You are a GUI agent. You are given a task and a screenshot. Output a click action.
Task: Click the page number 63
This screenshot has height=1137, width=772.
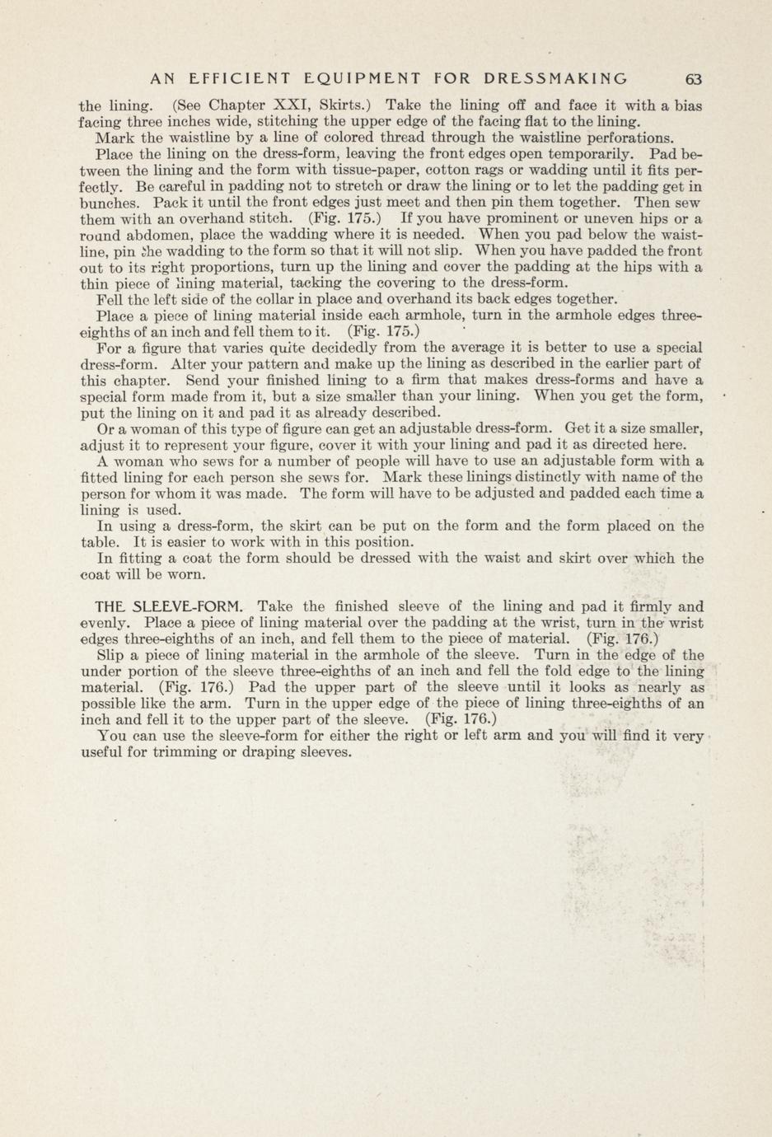click(x=693, y=79)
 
